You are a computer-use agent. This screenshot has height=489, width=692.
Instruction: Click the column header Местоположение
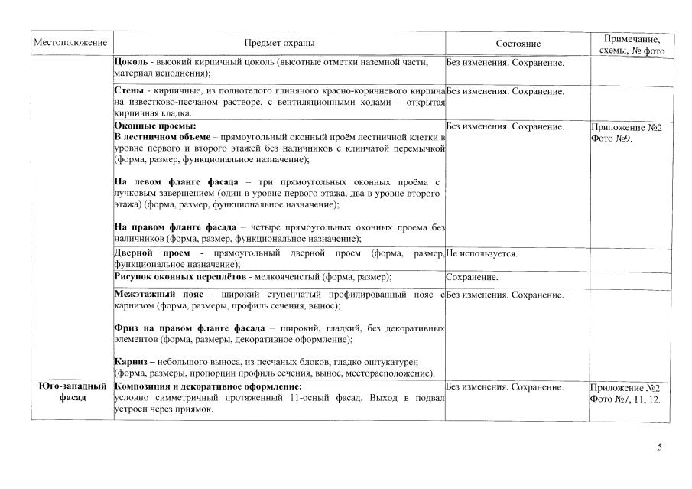tap(70, 44)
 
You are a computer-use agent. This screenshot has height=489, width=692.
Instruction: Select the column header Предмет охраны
tap(278, 44)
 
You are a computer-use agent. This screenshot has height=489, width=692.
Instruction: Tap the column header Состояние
tap(518, 44)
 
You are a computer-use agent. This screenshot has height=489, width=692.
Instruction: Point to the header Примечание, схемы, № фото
tap(632, 44)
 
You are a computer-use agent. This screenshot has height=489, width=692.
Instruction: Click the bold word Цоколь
tap(130, 62)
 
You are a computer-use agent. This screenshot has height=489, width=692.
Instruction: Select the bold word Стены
tap(128, 91)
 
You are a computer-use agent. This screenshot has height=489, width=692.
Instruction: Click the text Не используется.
tap(482, 253)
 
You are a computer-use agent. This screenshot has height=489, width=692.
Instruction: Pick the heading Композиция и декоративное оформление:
tap(208, 387)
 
